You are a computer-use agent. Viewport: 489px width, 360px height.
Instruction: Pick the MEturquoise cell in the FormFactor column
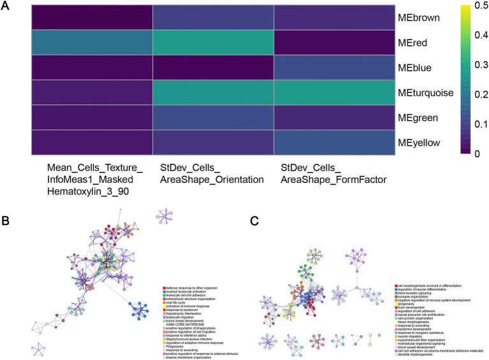coord(334,92)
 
